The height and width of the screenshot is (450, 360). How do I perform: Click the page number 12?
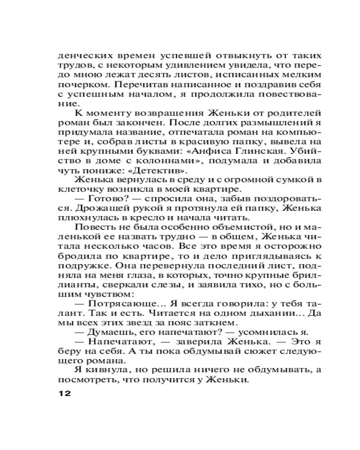[x=65, y=393]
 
